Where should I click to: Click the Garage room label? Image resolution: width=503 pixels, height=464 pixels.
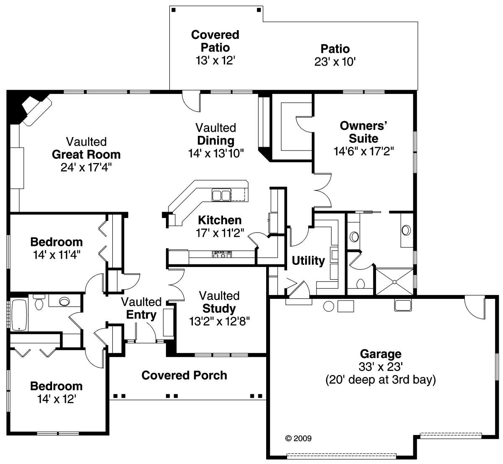381,354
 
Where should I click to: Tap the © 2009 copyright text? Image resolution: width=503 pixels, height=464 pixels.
298,438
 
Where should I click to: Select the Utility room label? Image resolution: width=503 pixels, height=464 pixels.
308,261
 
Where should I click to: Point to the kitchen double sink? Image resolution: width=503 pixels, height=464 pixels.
221,195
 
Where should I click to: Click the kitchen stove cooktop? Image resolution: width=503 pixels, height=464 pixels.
222,254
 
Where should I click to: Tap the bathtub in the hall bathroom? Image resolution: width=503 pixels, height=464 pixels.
19,315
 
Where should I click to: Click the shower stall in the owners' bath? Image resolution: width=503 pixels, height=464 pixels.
394,282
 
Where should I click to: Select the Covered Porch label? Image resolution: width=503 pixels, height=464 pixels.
184,376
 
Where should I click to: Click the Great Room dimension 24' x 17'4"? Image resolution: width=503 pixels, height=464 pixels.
86,167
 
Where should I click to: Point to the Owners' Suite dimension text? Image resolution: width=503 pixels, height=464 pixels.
364,151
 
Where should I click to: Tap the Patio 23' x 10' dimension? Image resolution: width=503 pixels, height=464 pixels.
335,62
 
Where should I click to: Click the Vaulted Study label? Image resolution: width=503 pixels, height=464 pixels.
219,302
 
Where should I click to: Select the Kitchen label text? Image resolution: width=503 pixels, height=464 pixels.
220,220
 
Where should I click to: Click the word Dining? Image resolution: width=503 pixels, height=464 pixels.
216,141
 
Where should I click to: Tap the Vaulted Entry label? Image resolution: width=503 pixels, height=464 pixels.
141,308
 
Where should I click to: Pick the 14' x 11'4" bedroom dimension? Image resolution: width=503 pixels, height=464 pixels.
57,255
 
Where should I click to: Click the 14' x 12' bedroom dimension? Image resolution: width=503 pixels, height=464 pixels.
57,399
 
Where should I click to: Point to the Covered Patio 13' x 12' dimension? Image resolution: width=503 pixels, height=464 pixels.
215,60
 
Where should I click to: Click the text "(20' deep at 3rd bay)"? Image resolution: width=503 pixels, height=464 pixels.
381,380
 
